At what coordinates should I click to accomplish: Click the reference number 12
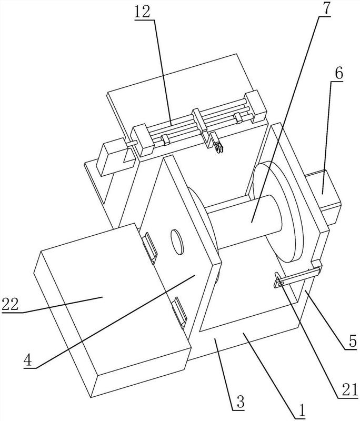click(142, 12)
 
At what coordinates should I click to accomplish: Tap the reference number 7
click(325, 9)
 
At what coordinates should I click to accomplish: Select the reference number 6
click(339, 73)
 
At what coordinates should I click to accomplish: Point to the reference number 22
click(10, 304)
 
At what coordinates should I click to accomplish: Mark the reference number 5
click(353, 341)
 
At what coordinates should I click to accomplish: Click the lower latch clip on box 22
click(179, 312)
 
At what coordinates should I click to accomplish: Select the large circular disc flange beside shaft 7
click(278, 212)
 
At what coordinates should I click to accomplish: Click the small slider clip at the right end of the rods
click(238, 117)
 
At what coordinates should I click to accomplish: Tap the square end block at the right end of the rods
click(255, 107)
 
